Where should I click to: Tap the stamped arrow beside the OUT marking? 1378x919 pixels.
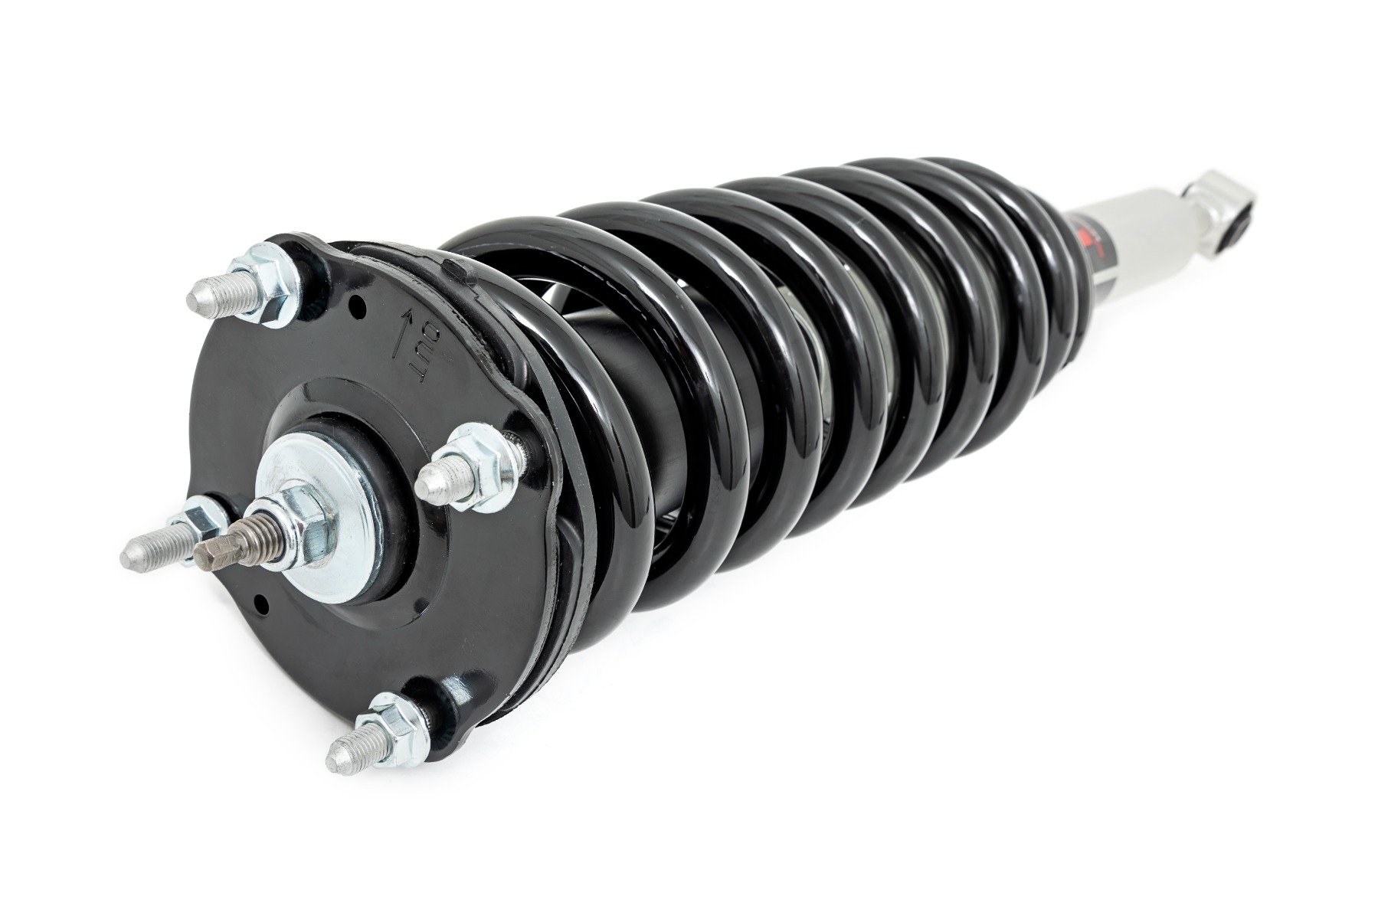[x=401, y=334]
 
